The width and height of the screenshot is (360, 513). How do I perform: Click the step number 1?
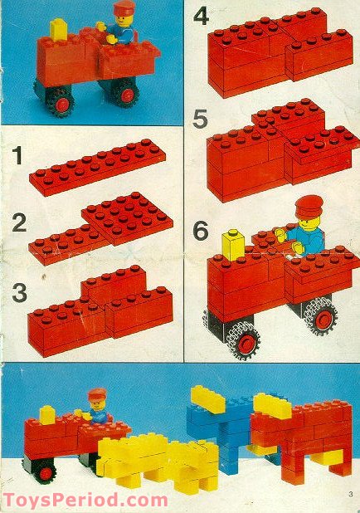[x=17, y=156]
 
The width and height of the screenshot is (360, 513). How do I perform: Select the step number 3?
[x=19, y=292]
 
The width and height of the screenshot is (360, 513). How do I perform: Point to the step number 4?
[x=202, y=17]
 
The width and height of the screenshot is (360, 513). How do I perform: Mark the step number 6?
[x=201, y=231]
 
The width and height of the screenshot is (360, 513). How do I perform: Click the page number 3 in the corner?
[x=351, y=494]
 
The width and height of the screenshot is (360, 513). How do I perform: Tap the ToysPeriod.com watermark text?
[x=85, y=501]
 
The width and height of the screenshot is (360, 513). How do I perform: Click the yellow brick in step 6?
[x=233, y=245]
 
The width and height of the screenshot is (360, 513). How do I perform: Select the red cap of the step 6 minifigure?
[x=309, y=206]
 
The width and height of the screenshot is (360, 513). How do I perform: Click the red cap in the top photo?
[x=124, y=7]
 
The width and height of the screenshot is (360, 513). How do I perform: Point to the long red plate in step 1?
[x=97, y=168]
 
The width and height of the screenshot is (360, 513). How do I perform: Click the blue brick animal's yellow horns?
[x=208, y=398]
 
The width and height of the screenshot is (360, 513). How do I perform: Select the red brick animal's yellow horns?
[x=273, y=406]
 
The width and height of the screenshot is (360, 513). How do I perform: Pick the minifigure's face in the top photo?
[x=123, y=20]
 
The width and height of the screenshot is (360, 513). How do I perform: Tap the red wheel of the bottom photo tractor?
[x=46, y=473]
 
